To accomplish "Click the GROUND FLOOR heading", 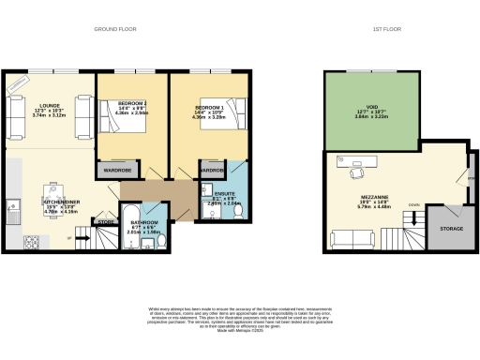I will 115,29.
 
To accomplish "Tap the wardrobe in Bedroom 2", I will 115,171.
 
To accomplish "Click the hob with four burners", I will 31,243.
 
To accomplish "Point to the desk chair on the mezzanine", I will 356,172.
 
